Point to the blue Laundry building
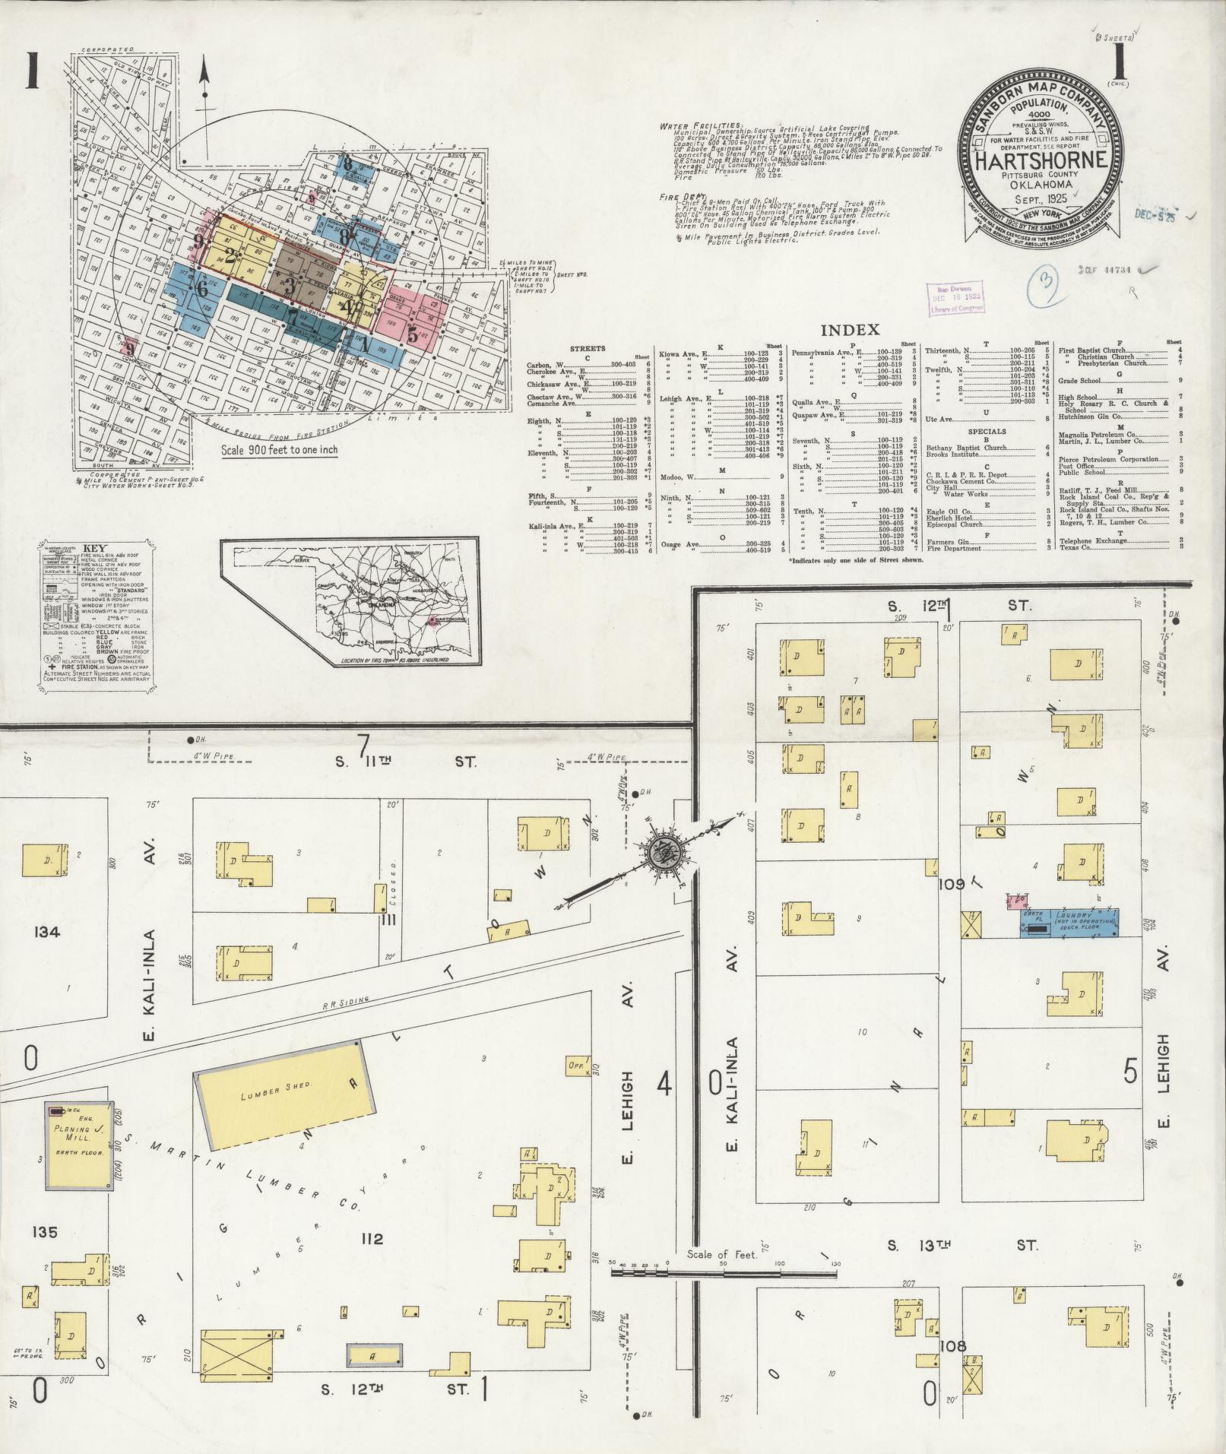1070,922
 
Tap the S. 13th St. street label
961,1246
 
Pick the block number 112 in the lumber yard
372,1239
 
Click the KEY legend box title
95,546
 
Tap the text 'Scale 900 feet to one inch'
279,449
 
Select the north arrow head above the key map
204,69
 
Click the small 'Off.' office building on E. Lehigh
576,1066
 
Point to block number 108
952,1346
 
